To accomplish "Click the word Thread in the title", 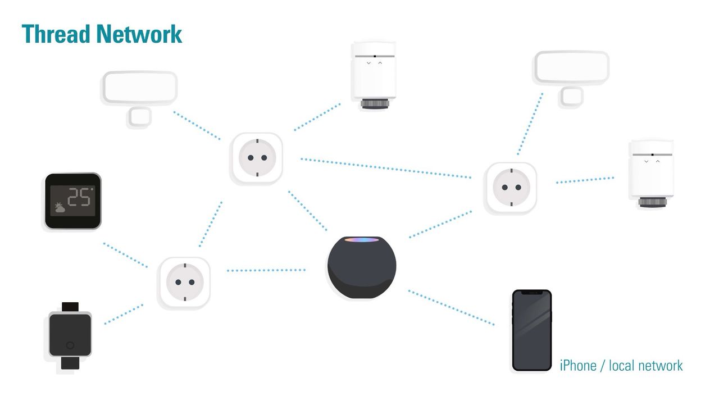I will [x=56, y=34].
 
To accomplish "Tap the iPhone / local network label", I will [x=621, y=366].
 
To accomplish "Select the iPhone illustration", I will [x=531, y=330].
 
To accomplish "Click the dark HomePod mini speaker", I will [x=362, y=268].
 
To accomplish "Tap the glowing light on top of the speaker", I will [x=362, y=240].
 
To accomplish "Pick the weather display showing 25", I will [x=72, y=201].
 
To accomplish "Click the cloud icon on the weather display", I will [x=60, y=208].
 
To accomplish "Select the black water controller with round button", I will [x=70, y=335].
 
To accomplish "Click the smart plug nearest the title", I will [x=257, y=158].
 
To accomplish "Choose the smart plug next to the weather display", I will [x=184, y=283].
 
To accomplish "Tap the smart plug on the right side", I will [x=510, y=188].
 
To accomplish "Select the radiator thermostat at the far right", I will [x=651, y=174].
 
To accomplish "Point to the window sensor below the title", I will [x=140, y=95].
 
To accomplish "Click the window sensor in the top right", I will [x=571, y=76].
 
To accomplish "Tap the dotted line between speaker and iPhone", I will [x=451, y=307].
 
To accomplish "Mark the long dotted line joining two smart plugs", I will [x=385, y=168].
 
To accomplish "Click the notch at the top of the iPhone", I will [x=531, y=293].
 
